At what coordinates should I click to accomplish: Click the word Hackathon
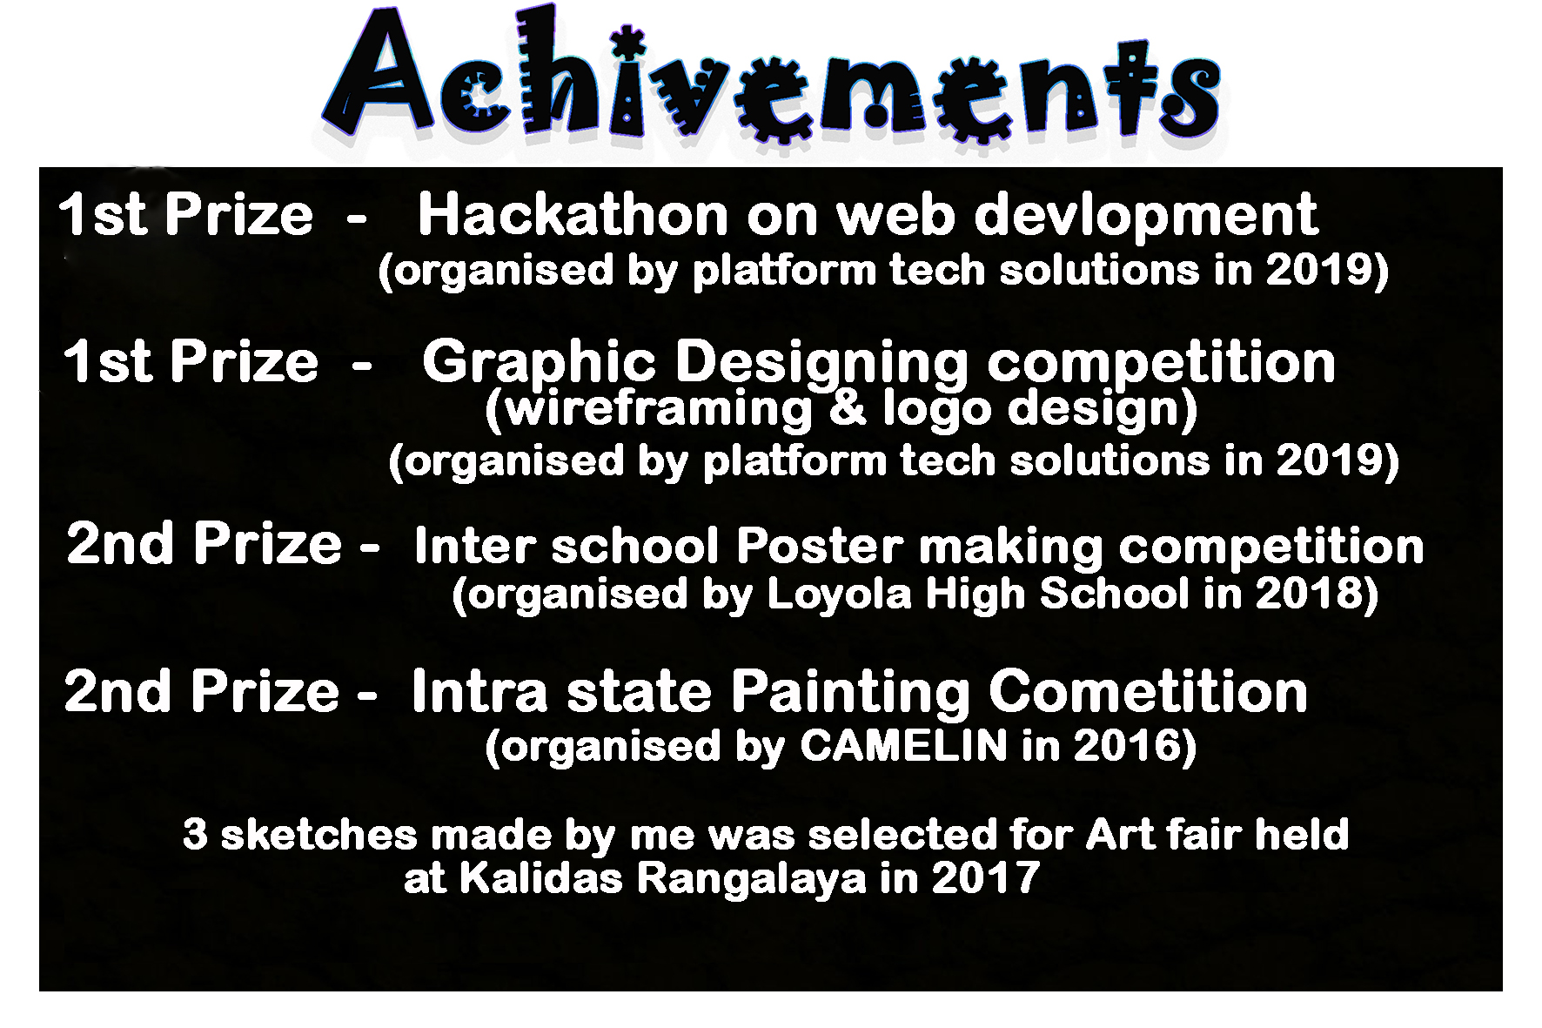pyautogui.click(x=573, y=215)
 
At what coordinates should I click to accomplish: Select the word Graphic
pyautogui.click(x=539, y=364)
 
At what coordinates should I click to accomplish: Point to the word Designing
pyautogui.click(x=821, y=364)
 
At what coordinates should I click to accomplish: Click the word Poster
pyautogui.click(x=820, y=548)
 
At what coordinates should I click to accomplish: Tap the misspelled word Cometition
pyautogui.click(x=1148, y=693)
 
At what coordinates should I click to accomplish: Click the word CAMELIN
pyautogui.click(x=902, y=746)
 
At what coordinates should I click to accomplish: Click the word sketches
pyautogui.click(x=319, y=835)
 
